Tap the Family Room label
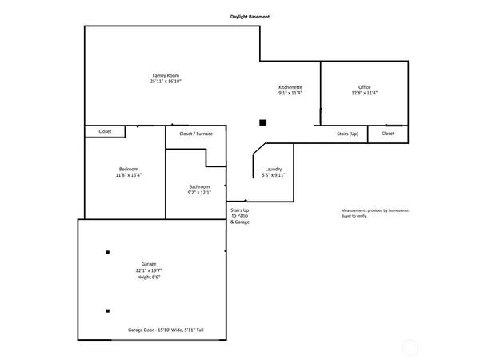166,75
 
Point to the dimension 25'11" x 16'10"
166,82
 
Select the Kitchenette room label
290,86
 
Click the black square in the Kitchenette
262,122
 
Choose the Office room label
365,86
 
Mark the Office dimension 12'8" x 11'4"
365,93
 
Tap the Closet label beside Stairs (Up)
388,134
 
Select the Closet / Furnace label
196,134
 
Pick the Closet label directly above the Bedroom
105,131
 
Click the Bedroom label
129,169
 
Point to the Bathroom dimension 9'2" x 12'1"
199,193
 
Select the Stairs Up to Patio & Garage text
240,215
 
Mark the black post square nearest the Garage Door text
107,310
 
